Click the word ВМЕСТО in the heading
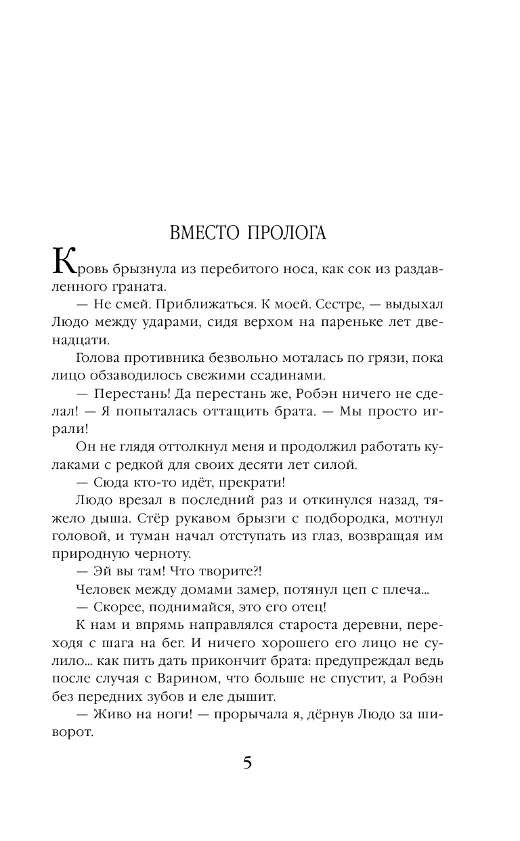coord(206,233)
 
